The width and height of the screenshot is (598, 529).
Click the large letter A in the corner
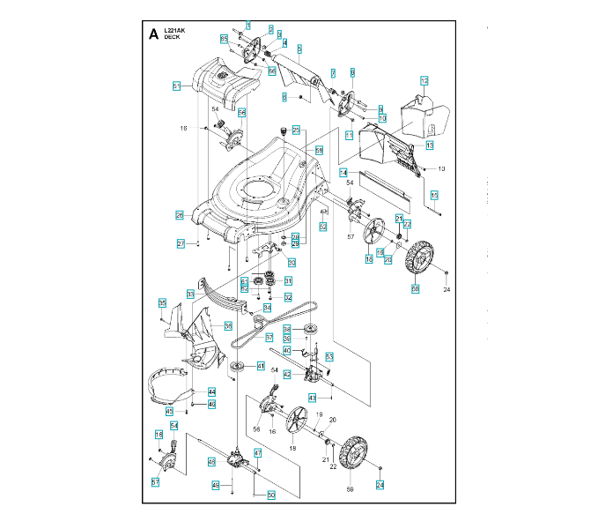click(154, 34)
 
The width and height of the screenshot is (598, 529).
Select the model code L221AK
click(173, 30)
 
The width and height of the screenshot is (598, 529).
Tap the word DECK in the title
click(171, 37)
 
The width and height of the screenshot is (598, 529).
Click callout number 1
click(247, 26)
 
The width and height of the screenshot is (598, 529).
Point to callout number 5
click(299, 49)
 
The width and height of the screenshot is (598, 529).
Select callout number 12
click(424, 80)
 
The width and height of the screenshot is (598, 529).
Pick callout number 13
click(430, 145)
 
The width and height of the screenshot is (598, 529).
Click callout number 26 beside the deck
click(179, 215)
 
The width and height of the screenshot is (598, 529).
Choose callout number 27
click(181, 243)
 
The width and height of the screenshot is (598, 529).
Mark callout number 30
click(292, 262)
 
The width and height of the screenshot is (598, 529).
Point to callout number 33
click(190, 293)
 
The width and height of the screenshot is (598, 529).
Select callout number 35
click(162, 303)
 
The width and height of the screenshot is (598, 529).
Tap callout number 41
click(261, 365)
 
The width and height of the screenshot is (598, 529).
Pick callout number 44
click(211, 391)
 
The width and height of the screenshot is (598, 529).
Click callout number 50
click(271, 495)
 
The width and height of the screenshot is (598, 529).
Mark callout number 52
click(322, 227)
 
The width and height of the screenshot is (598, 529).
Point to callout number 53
click(329, 356)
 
